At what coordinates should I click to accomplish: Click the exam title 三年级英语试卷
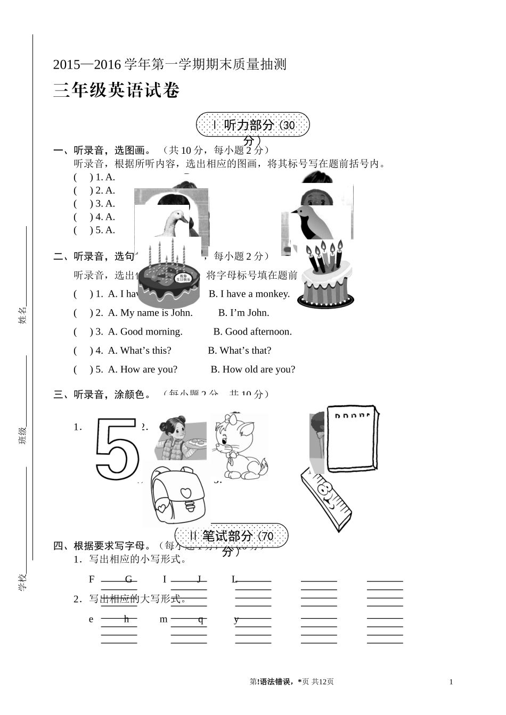116,90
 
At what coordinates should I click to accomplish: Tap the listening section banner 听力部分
252,126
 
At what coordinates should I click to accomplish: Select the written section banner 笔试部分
231,536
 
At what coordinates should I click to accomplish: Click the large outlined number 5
117,448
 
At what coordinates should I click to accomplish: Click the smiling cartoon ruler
326,500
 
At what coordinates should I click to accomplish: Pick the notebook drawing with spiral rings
353,438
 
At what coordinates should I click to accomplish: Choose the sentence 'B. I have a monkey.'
249,294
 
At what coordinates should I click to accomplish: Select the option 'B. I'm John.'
243,313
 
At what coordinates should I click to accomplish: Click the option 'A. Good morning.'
145,332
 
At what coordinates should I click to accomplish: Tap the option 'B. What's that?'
239,351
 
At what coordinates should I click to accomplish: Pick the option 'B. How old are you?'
252,369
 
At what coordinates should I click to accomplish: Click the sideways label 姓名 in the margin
22,315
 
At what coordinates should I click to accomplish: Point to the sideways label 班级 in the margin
22,435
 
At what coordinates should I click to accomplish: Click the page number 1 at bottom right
451,682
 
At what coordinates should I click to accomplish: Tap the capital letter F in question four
92,579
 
